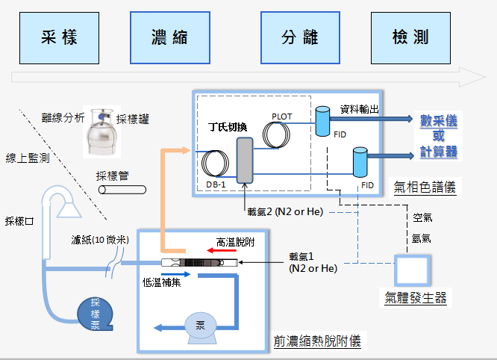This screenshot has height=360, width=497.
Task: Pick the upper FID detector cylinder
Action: coord(323,121)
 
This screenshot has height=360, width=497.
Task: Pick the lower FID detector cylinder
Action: coord(360,161)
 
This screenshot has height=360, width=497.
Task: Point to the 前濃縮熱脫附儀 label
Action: coord(316,342)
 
